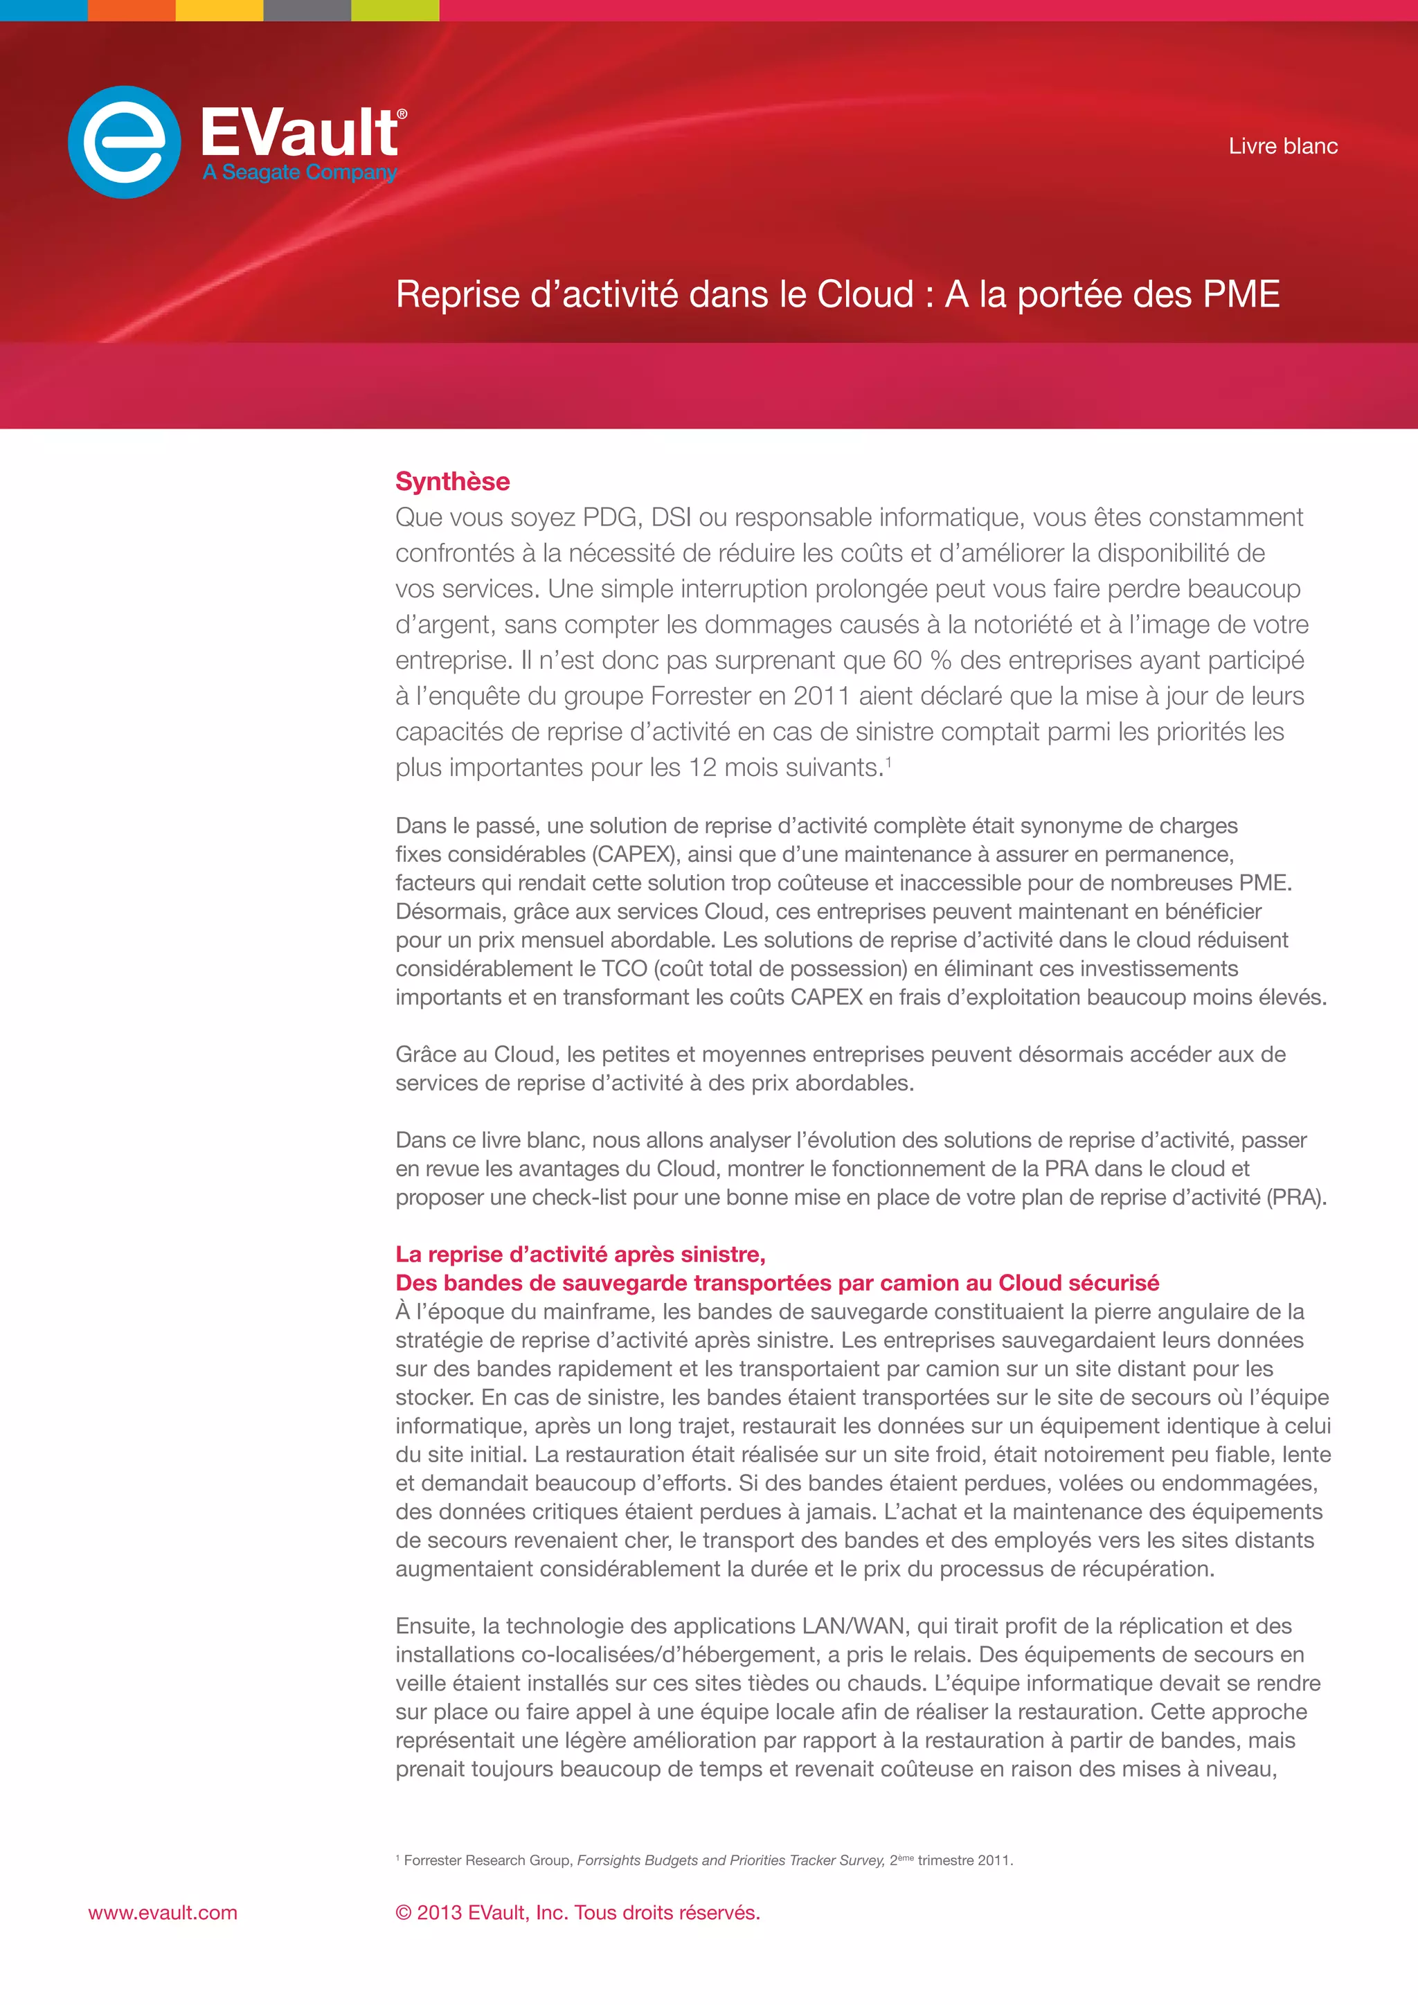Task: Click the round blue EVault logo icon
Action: (x=125, y=141)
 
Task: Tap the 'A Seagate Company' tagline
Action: (x=300, y=172)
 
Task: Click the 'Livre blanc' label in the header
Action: (x=1283, y=146)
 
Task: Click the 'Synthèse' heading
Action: (x=452, y=481)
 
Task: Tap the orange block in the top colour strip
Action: (x=132, y=10)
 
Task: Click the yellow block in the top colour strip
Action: (x=219, y=10)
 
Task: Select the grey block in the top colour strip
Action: (x=307, y=10)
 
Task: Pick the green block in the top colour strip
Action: (x=395, y=10)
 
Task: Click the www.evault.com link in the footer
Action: (x=163, y=1912)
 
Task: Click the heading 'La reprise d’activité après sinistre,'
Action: (x=580, y=1254)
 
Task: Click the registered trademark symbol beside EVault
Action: (x=402, y=114)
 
